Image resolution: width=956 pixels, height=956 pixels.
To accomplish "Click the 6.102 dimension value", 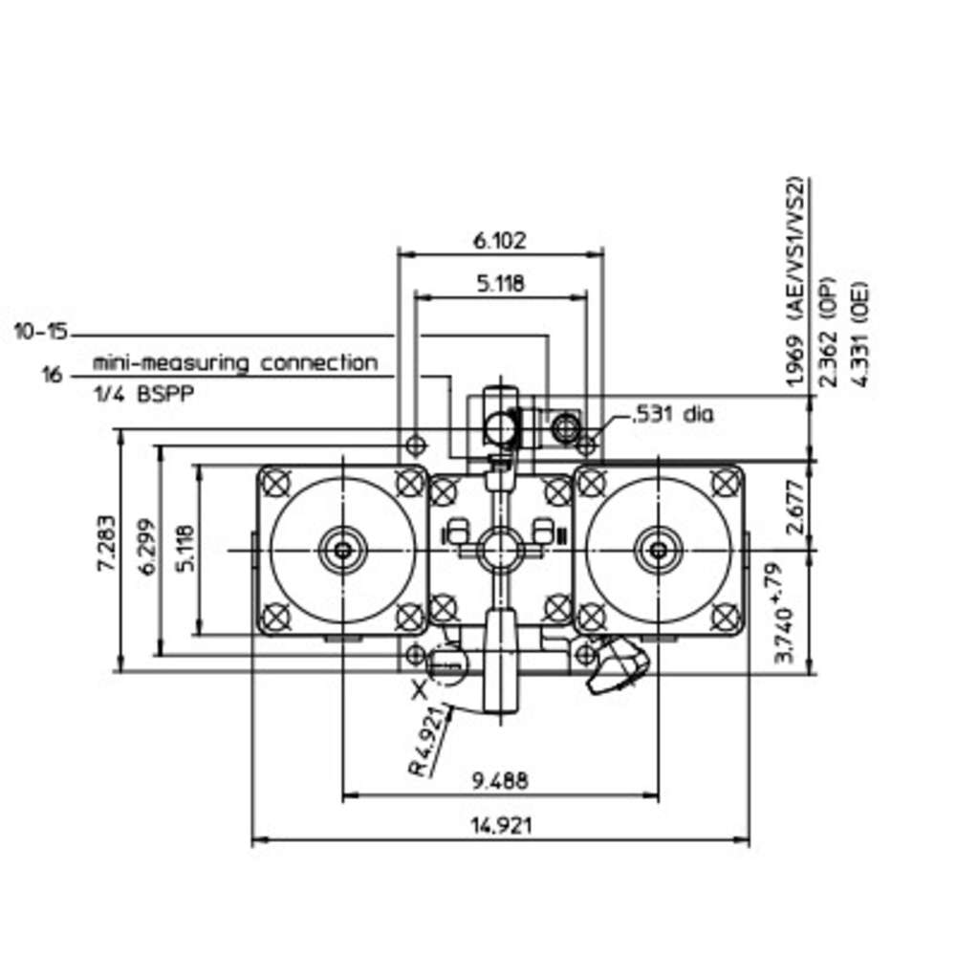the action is click(x=499, y=241).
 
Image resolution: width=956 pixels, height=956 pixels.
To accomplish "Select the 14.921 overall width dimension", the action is click(x=501, y=826).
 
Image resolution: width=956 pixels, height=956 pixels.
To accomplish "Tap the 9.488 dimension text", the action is click(x=500, y=780).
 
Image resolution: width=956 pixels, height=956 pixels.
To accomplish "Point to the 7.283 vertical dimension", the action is click(x=106, y=543).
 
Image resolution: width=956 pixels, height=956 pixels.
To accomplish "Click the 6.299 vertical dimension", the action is click(x=147, y=547).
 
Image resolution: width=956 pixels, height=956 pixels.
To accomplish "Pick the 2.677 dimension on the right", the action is click(x=793, y=508).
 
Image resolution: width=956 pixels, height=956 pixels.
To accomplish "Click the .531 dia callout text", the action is click(x=671, y=415).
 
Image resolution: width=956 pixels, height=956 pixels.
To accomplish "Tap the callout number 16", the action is click(x=53, y=375).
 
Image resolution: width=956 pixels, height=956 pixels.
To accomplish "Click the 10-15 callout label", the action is click(x=41, y=333).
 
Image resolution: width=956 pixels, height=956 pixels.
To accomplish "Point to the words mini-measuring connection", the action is click(x=235, y=362).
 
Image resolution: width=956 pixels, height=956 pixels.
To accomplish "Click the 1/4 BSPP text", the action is click(x=143, y=394).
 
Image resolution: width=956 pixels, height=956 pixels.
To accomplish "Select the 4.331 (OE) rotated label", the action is click(x=860, y=333).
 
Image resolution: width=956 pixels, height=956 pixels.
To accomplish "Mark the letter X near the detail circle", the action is click(x=419, y=690).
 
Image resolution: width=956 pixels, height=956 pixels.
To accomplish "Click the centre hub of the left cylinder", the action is click(x=342, y=551).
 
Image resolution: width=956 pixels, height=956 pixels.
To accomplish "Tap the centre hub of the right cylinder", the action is click(x=659, y=551).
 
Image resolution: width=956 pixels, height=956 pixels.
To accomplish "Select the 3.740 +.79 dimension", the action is click(x=785, y=612).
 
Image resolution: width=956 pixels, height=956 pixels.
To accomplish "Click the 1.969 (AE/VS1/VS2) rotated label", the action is click(x=795, y=282).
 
